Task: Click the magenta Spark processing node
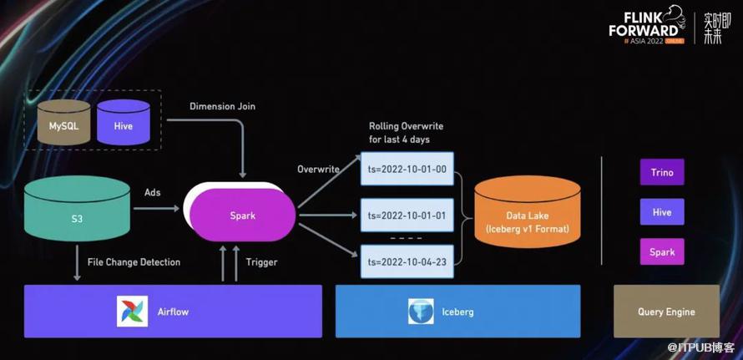(243, 215)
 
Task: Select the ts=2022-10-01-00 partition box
(407, 170)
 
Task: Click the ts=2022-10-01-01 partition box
(407, 215)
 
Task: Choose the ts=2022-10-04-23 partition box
(407, 261)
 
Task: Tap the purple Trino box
(662, 173)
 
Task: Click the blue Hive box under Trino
(662, 212)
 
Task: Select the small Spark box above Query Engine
(662, 251)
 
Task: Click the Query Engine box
(666, 312)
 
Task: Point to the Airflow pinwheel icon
(133, 312)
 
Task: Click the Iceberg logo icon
(421, 312)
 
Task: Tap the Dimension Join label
(222, 107)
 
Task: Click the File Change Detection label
(134, 262)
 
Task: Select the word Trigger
(261, 262)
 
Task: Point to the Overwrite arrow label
(318, 170)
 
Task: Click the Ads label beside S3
(152, 192)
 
